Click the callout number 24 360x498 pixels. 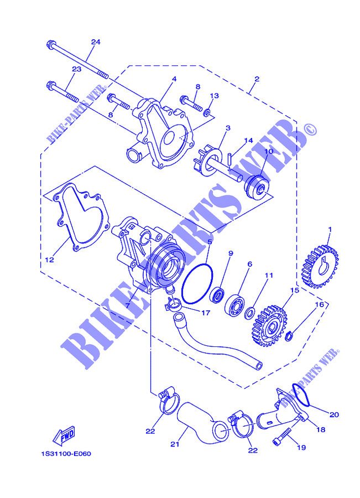(95, 42)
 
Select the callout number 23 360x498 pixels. (76, 69)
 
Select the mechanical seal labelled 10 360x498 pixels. (255, 185)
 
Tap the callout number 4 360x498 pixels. (174, 79)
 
